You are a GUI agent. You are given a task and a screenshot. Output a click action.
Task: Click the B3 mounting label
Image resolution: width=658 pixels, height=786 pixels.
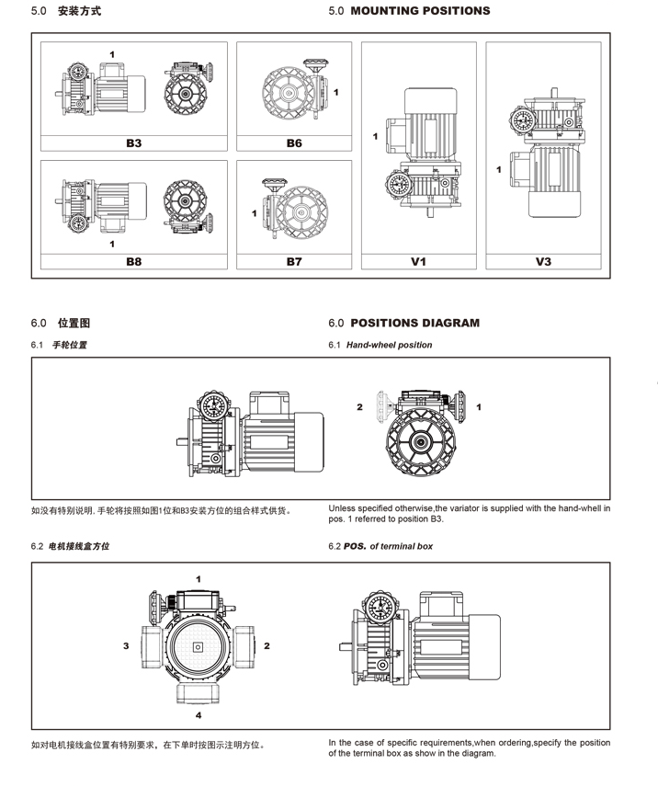pyautogui.click(x=134, y=143)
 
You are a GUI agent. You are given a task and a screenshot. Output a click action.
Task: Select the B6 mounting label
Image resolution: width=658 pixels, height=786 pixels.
pyautogui.click(x=294, y=143)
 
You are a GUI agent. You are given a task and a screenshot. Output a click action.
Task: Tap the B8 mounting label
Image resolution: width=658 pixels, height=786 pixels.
pyautogui.click(x=134, y=262)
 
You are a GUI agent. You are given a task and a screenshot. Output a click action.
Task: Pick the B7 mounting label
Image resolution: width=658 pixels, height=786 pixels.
pyautogui.click(x=294, y=262)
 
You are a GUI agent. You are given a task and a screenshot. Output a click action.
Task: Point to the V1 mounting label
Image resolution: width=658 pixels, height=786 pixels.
pyautogui.click(x=418, y=262)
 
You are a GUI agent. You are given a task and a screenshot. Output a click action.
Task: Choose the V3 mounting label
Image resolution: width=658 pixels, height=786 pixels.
pyautogui.click(x=543, y=262)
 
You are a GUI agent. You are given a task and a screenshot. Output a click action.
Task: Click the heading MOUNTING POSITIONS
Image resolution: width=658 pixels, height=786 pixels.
pyautogui.click(x=420, y=11)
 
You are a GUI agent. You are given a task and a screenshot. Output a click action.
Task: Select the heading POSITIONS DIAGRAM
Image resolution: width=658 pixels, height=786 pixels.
pyautogui.click(x=414, y=323)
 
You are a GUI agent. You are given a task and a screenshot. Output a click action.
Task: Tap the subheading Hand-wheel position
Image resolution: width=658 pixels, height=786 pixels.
pyautogui.click(x=389, y=346)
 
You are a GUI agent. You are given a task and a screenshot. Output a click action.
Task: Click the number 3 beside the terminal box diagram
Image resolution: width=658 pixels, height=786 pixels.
pyautogui.click(x=126, y=646)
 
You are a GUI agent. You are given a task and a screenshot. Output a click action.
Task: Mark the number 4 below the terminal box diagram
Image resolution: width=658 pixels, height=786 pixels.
pyautogui.click(x=199, y=714)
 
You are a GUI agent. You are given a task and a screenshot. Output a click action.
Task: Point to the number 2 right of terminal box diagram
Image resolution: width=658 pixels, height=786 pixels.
pyautogui.click(x=267, y=646)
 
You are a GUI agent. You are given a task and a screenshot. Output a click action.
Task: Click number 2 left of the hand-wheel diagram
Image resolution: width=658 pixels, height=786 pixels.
pyautogui.click(x=360, y=406)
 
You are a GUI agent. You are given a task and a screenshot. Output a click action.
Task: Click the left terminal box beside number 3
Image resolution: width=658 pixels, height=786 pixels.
pyautogui.click(x=151, y=644)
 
